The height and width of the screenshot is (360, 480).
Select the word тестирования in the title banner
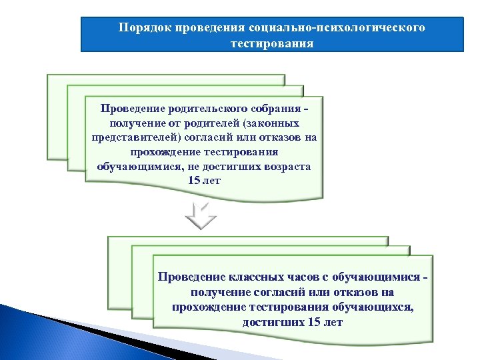[271, 44]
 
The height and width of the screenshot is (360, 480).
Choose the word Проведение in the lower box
[190, 277]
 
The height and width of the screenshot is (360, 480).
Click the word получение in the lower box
[217, 292]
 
